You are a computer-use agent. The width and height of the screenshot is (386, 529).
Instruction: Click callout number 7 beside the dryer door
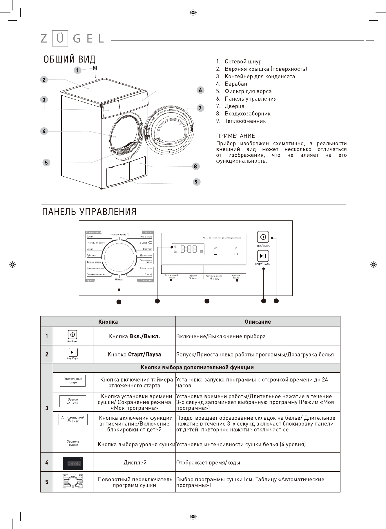pyautogui.click(x=200, y=108)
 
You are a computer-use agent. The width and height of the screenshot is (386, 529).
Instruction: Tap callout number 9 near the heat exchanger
pyautogui.click(x=196, y=182)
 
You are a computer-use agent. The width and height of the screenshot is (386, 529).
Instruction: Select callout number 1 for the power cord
pyautogui.click(x=77, y=70)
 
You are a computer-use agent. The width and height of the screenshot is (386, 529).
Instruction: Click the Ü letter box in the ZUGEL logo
pyautogui.click(x=60, y=38)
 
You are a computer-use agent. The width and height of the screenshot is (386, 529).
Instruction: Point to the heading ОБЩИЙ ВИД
pyautogui.click(x=69, y=59)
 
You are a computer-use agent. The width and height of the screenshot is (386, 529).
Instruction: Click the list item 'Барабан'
pyautogui.click(x=236, y=84)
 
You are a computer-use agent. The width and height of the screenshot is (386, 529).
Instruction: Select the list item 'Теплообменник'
pyautogui.click(x=245, y=121)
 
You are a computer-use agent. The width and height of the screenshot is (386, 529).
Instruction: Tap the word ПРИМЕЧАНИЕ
pyautogui.click(x=235, y=136)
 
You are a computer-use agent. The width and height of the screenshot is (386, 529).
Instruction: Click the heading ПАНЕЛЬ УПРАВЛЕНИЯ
pyautogui.click(x=89, y=212)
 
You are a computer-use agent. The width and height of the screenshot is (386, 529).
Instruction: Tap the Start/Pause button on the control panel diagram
pyautogui.click(x=263, y=256)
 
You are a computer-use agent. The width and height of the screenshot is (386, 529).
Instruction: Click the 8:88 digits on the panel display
pyautogui.click(x=189, y=249)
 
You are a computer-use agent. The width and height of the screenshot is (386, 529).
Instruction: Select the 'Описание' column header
pyautogui.click(x=258, y=322)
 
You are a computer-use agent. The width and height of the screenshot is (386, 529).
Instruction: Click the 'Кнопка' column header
pyautogui.click(x=108, y=322)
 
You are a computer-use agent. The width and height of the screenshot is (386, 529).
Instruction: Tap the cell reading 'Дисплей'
pyautogui.click(x=135, y=463)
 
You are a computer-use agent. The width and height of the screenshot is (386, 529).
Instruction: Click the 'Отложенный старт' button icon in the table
pyautogui.click(x=73, y=381)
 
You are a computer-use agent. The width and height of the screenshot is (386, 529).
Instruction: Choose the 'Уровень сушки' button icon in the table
pyautogui.click(x=73, y=443)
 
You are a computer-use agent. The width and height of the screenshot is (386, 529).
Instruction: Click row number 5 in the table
pyautogui.click(x=47, y=482)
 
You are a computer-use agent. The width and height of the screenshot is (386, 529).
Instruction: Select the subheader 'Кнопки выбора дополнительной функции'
pyautogui.click(x=197, y=367)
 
